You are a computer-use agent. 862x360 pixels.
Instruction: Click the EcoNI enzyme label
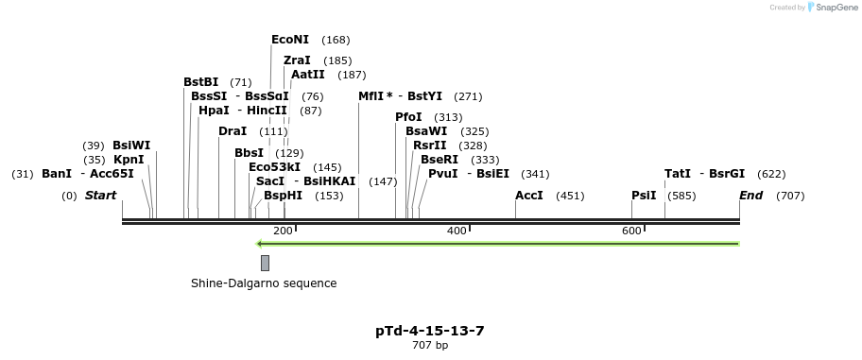coord(289,40)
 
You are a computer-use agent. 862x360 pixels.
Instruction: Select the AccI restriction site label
coord(529,196)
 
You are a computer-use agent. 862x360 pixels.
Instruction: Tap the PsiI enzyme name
coord(644,196)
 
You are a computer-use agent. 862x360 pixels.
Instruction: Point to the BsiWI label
coord(131,146)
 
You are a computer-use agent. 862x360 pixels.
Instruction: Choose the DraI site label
coord(233,131)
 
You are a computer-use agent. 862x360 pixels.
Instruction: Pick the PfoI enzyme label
coord(408,117)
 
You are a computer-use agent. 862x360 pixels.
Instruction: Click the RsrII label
coord(429,146)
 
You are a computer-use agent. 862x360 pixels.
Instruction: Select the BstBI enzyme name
coord(200,82)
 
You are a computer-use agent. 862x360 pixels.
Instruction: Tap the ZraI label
coord(297,60)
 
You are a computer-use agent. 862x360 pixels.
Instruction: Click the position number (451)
coord(570,196)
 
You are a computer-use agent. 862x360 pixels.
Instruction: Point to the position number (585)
coord(681,196)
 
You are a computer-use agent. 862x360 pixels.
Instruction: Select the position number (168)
coord(336,40)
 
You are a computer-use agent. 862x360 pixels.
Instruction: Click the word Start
coord(101,196)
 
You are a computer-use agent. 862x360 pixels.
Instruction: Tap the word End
coord(751,196)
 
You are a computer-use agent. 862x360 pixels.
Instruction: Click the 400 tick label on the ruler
coord(457,231)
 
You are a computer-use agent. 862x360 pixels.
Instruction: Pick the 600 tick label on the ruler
coord(631,231)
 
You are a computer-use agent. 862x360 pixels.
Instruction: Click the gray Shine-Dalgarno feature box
coord(265,263)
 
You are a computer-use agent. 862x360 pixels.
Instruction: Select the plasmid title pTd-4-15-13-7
coord(430,331)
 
